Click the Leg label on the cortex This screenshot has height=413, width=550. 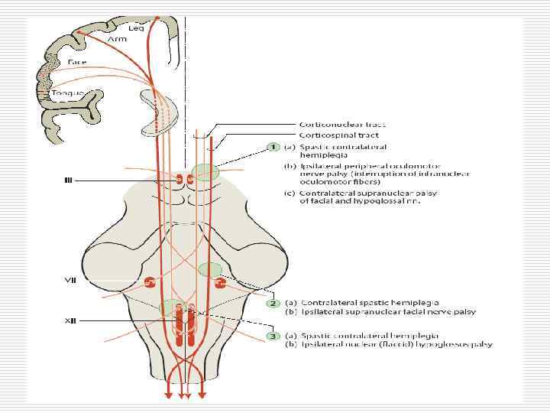click(x=125, y=28)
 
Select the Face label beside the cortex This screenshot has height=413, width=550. click(x=77, y=61)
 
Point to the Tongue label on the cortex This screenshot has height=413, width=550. click(x=66, y=93)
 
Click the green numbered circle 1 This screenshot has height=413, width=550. click(x=272, y=147)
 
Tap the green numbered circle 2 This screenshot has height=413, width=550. click(x=272, y=303)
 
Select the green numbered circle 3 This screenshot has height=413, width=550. click(x=272, y=336)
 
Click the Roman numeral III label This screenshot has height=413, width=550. click(x=67, y=180)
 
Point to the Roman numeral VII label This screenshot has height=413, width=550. click(x=69, y=280)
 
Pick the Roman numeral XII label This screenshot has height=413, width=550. click(x=69, y=320)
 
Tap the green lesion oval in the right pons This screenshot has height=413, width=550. click(x=209, y=269)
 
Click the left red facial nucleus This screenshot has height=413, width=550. click(x=150, y=283)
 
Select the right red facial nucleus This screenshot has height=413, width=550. click(x=221, y=284)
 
